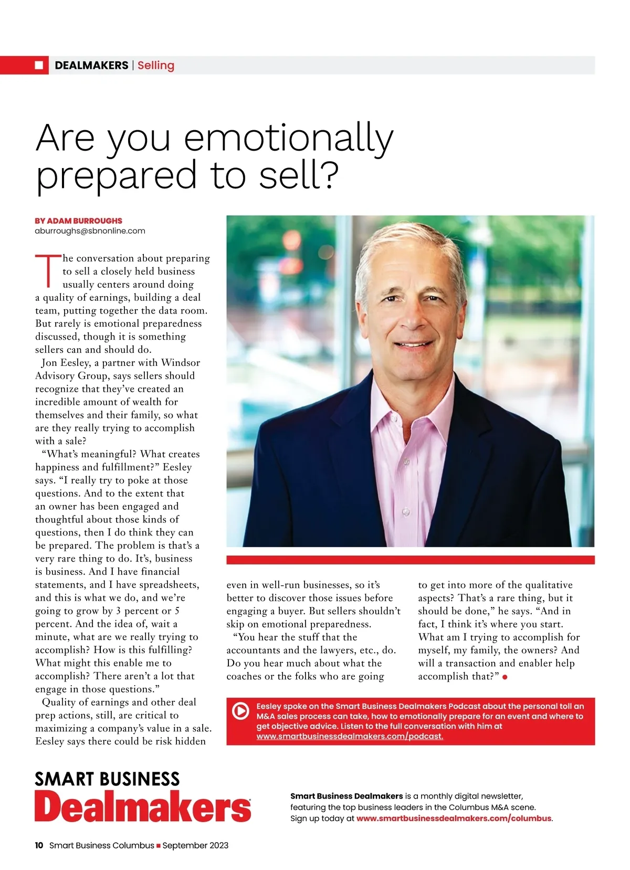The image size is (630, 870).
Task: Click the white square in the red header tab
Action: (x=39, y=65)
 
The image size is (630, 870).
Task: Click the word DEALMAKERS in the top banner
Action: (x=91, y=65)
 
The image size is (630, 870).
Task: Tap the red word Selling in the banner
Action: (x=156, y=65)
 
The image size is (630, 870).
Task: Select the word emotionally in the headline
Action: (x=289, y=138)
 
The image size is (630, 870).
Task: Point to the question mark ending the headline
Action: (x=329, y=175)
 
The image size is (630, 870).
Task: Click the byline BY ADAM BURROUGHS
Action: (x=78, y=221)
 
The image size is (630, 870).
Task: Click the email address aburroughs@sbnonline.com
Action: (x=90, y=230)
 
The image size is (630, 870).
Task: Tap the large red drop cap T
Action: (x=48, y=271)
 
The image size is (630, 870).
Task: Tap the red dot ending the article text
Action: (x=505, y=677)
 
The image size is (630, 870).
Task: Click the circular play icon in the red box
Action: (x=240, y=711)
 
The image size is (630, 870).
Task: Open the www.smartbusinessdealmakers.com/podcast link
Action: (x=350, y=736)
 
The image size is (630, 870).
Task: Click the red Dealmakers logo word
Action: (x=142, y=806)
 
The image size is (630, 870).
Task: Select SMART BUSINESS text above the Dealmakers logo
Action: (x=107, y=779)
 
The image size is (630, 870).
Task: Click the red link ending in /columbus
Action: (x=454, y=818)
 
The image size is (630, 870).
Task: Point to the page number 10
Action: (x=39, y=845)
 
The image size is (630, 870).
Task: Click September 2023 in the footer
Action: (x=195, y=845)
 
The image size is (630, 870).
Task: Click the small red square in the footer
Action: (x=159, y=846)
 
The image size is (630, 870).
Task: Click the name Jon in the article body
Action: (x=49, y=363)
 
